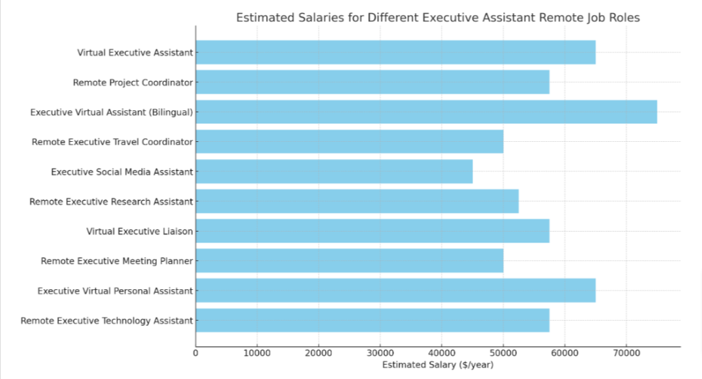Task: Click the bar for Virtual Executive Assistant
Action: coord(396,52)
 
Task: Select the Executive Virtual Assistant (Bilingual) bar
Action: coord(426,112)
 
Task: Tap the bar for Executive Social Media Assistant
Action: coord(334,171)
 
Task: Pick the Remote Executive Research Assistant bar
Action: coord(357,201)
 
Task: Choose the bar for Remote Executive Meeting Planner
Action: coord(350,260)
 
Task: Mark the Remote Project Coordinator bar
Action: coord(372,82)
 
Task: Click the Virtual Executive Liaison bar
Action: coord(372,231)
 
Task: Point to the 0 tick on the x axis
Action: coord(195,354)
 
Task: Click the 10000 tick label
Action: coord(256,354)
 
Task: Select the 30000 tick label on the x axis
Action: coord(380,354)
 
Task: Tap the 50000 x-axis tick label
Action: coord(503,354)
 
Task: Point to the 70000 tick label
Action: coord(625,354)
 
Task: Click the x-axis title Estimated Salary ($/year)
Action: coord(437,365)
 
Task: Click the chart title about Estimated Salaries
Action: coord(437,18)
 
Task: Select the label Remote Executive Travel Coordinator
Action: coord(112,142)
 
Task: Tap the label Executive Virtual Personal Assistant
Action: coord(114,291)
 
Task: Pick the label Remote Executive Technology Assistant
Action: coord(106,320)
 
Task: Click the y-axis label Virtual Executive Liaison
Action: coord(139,231)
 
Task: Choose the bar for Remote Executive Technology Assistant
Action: coord(372,320)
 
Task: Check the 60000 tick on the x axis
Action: coord(564,354)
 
